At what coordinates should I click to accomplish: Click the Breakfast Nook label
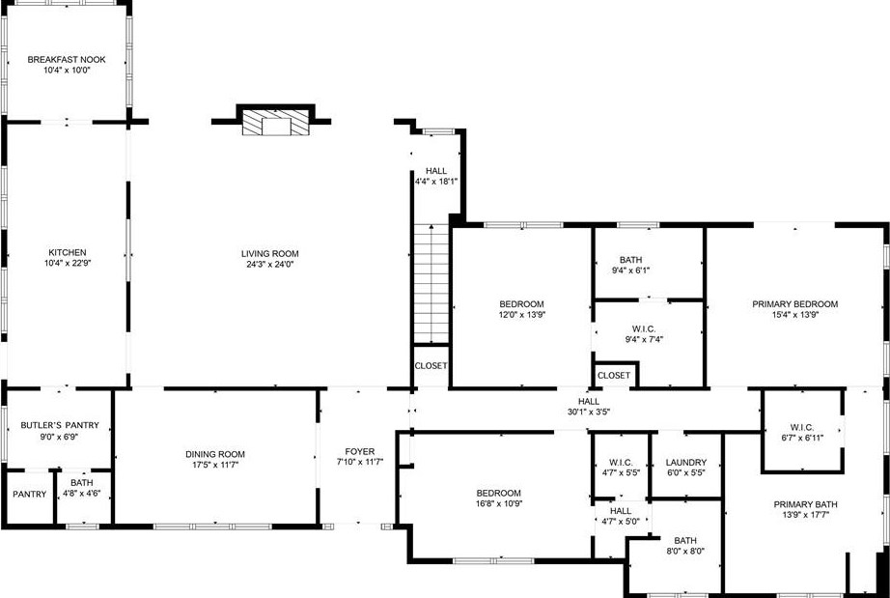[66, 60]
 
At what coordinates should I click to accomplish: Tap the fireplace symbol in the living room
[273, 123]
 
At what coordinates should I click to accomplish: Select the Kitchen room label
[66, 252]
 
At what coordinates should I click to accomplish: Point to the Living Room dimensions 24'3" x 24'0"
[267, 264]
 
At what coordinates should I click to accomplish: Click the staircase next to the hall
[431, 284]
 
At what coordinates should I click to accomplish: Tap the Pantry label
[30, 495]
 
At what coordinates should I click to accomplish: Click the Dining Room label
[215, 454]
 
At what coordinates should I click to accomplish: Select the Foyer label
[359, 451]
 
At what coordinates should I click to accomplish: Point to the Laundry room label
[686, 463]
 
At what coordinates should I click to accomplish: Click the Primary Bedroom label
[795, 304]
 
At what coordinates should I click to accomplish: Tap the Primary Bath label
[805, 504]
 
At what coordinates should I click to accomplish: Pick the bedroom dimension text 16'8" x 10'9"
[497, 503]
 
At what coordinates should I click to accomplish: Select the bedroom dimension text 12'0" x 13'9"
[521, 315]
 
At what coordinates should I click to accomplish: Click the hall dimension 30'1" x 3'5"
[588, 412]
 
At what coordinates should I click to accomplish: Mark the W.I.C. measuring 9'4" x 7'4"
[643, 339]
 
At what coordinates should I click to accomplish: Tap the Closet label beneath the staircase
[431, 366]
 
